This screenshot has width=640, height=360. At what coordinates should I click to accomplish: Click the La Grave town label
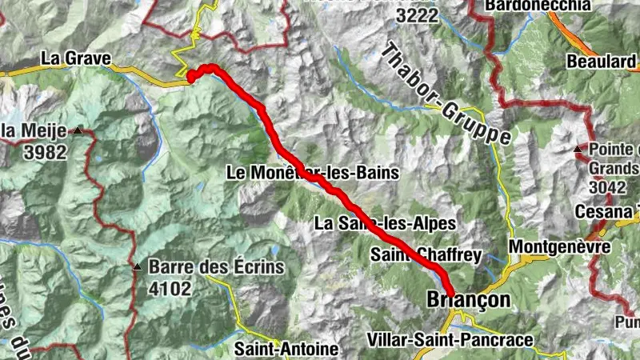(75, 58)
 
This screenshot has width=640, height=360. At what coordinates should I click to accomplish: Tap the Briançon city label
(468, 300)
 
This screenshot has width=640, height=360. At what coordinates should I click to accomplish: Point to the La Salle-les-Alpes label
(385, 222)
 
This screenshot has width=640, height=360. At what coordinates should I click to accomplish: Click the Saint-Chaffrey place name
(426, 255)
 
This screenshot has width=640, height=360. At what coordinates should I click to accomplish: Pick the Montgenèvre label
(559, 246)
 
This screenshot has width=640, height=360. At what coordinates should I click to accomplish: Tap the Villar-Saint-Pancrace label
(449, 340)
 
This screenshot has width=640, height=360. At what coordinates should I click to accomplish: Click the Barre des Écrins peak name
(216, 267)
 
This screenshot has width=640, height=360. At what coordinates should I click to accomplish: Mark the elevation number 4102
(170, 287)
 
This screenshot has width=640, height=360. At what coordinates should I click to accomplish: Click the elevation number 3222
(418, 16)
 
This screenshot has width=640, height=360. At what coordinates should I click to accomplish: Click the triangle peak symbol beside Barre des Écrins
(138, 267)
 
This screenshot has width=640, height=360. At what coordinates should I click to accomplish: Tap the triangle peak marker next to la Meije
(78, 130)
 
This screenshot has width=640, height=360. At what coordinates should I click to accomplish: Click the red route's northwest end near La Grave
(191, 77)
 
